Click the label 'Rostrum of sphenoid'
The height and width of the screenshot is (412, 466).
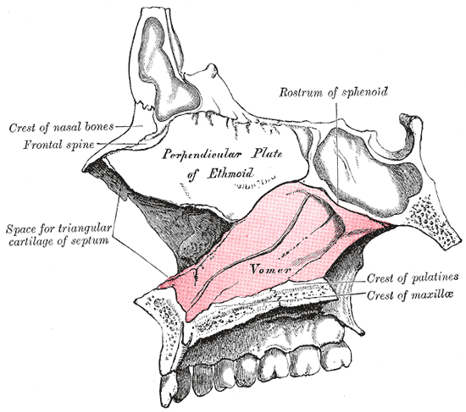click(x=334, y=92)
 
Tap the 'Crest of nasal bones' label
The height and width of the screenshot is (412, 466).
click(x=61, y=128)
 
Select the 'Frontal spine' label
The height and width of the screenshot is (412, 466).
click(x=58, y=145)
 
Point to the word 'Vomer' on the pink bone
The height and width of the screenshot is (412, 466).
click(x=270, y=269)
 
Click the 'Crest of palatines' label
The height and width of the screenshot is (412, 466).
click(x=413, y=277)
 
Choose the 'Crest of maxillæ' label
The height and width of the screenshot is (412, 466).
click(x=410, y=295)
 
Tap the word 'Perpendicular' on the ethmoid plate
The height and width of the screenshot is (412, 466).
click(x=202, y=154)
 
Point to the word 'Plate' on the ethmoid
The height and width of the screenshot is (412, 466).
click(x=267, y=154)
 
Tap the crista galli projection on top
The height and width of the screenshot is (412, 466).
click(x=212, y=69)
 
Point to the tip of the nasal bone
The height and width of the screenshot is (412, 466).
click(x=85, y=170)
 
